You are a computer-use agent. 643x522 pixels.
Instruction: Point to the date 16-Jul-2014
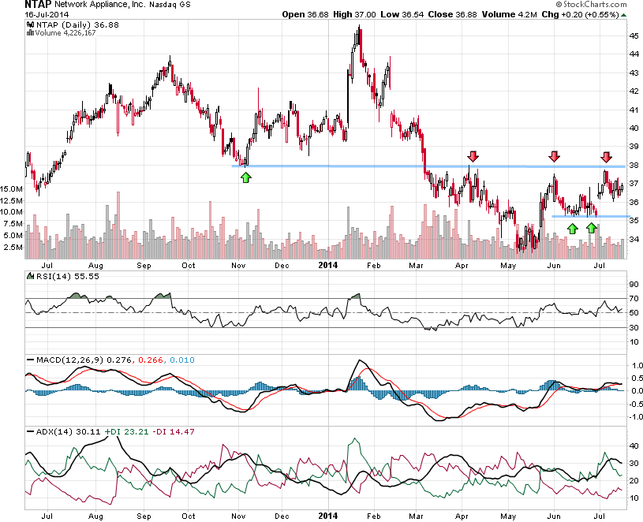tap(24, 15)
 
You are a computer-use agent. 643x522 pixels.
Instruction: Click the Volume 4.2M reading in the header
tap(502, 15)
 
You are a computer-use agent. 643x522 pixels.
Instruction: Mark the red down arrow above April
tap(473, 156)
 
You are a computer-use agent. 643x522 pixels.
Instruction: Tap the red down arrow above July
tap(606, 156)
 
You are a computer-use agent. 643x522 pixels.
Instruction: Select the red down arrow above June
tap(555, 156)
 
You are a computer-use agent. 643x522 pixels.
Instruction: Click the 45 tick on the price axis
tap(634, 35)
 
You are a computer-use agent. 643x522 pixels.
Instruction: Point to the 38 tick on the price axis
tap(634, 166)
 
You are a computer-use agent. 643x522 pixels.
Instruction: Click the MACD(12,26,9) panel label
tap(59, 360)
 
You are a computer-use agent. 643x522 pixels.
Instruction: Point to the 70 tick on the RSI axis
tap(634, 298)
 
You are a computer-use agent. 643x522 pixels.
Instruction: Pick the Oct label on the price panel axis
tap(188, 265)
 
